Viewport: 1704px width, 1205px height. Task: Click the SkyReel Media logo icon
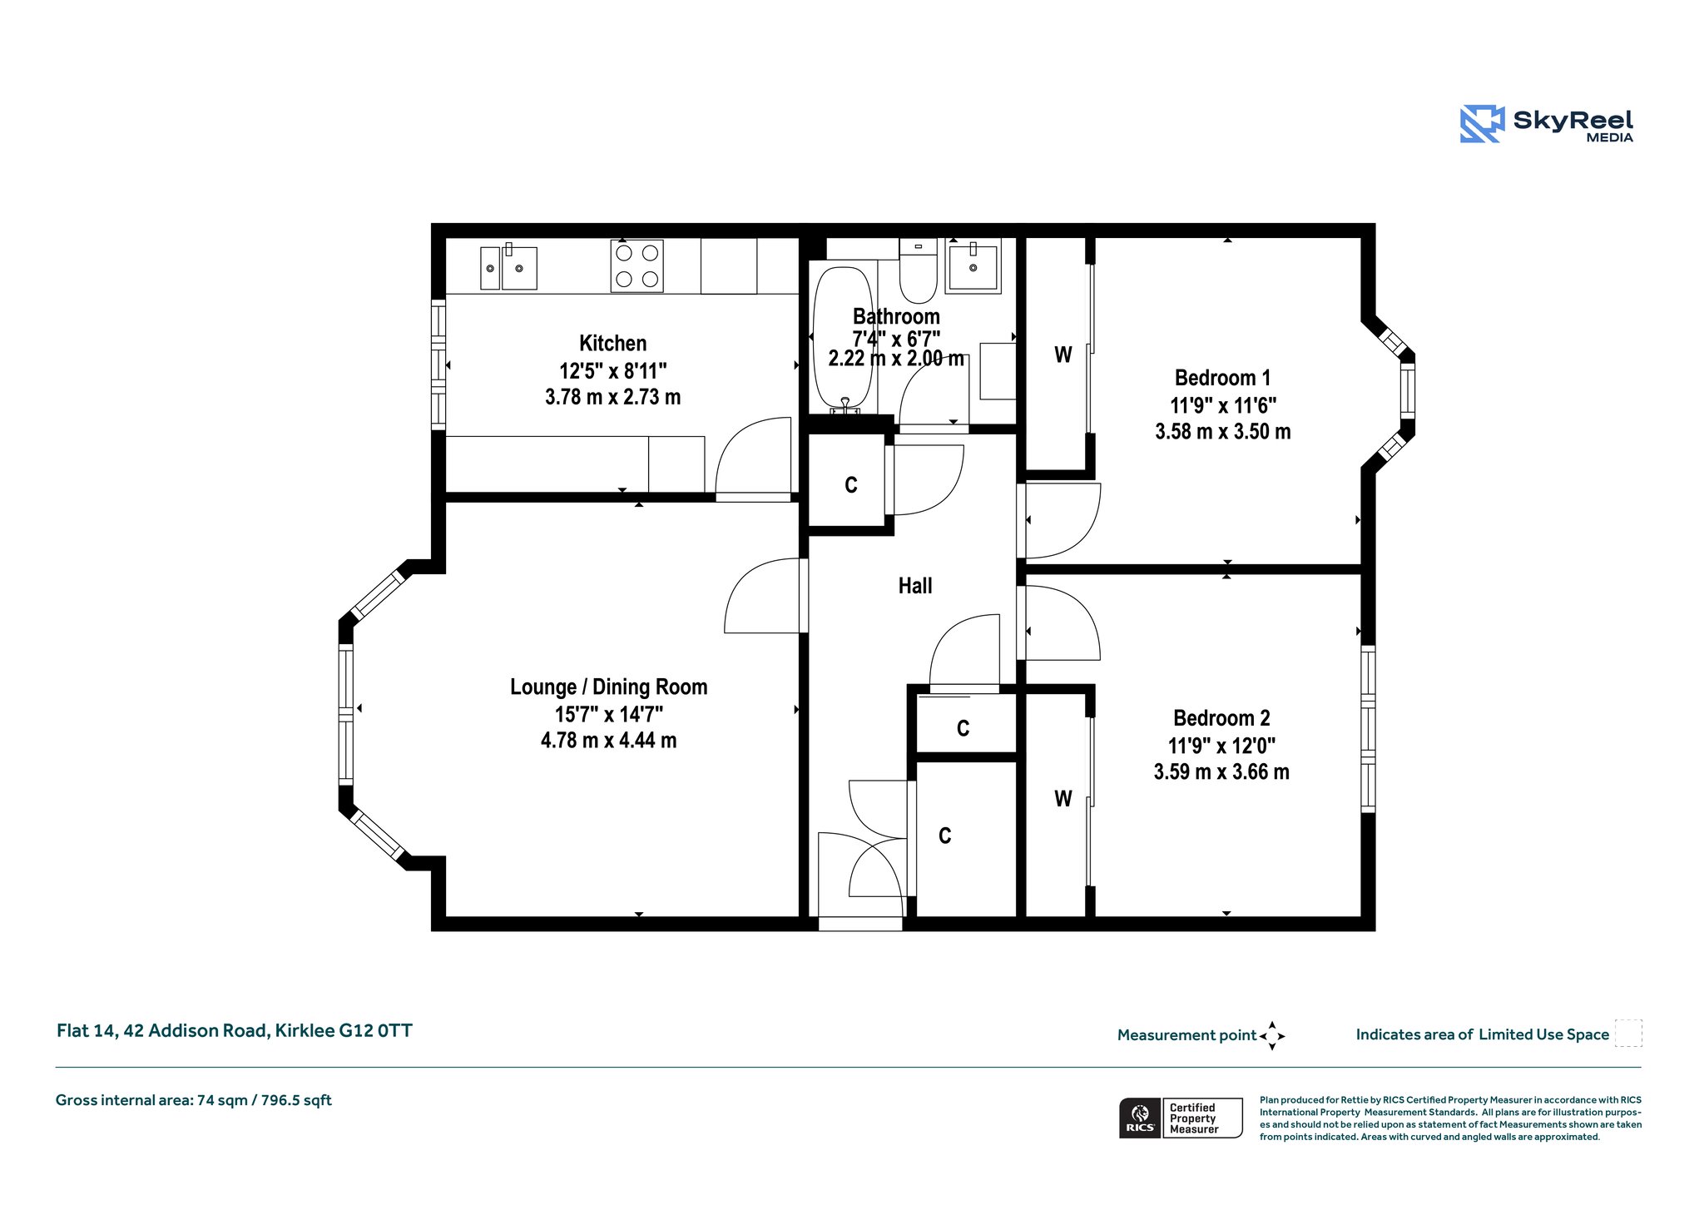pos(1482,124)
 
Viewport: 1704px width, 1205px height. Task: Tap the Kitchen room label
pos(612,344)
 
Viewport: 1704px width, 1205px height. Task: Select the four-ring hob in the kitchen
pos(637,265)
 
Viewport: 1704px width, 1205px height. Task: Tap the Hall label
pos(915,586)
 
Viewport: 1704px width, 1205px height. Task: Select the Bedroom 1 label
pos(1222,379)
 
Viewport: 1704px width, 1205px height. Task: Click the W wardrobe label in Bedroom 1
pos(1063,355)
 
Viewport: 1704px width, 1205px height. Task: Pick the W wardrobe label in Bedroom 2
pos(1063,799)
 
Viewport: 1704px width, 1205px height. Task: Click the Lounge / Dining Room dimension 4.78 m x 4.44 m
pos(608,741)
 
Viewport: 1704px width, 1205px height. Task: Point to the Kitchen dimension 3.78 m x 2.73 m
pos(612,398)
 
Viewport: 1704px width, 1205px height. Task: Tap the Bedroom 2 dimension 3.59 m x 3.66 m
pos(1221,772)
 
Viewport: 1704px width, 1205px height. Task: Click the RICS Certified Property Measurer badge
pos(1181,1118)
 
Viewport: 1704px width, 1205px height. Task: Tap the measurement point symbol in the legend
pos(1272,1036)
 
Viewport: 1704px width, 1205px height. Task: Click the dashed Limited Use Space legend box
pos(1628,1033)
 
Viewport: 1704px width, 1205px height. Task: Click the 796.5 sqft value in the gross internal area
pos(296,1100)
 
